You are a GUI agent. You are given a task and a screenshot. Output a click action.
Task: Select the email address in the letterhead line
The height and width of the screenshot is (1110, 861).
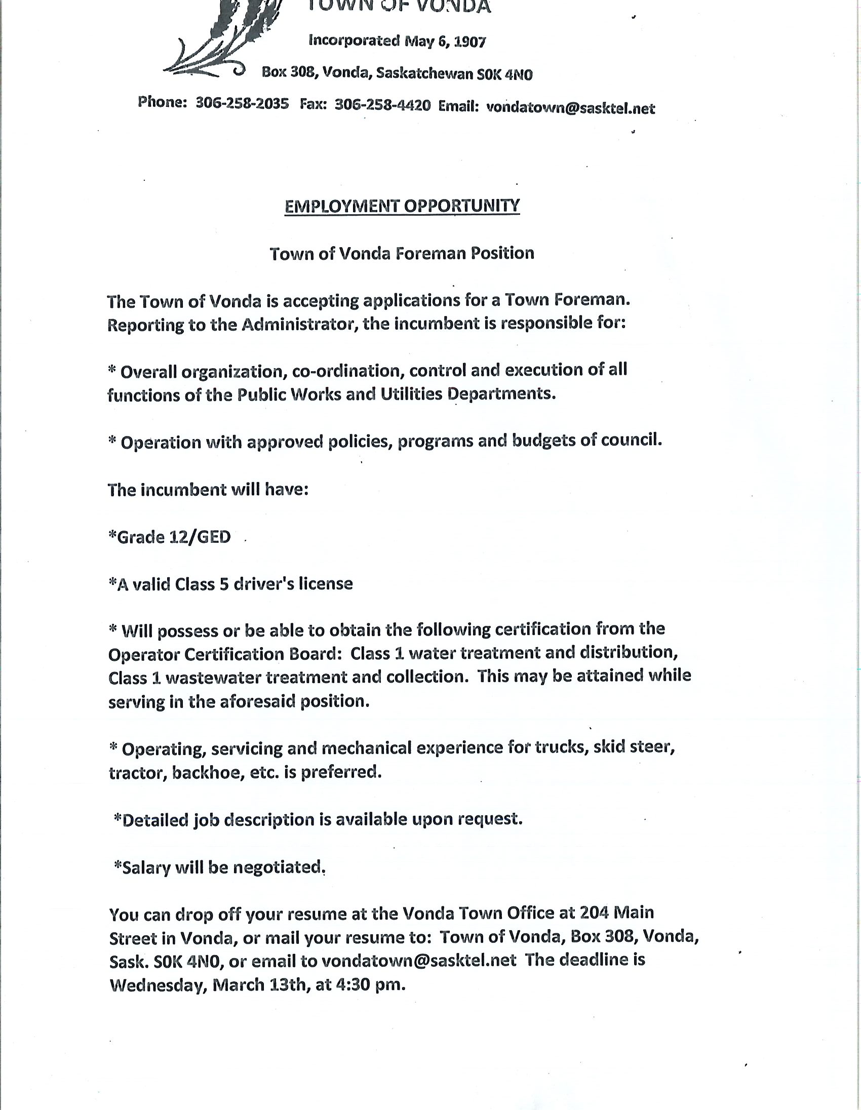pos(570,108)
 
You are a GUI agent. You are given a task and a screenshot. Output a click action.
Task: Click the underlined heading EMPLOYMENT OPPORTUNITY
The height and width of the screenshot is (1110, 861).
pos(402,206)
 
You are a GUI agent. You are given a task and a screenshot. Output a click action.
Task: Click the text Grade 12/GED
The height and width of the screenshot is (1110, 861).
pos(170,537)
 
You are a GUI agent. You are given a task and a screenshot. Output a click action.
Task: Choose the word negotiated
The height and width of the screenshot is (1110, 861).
pos(279,867)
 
